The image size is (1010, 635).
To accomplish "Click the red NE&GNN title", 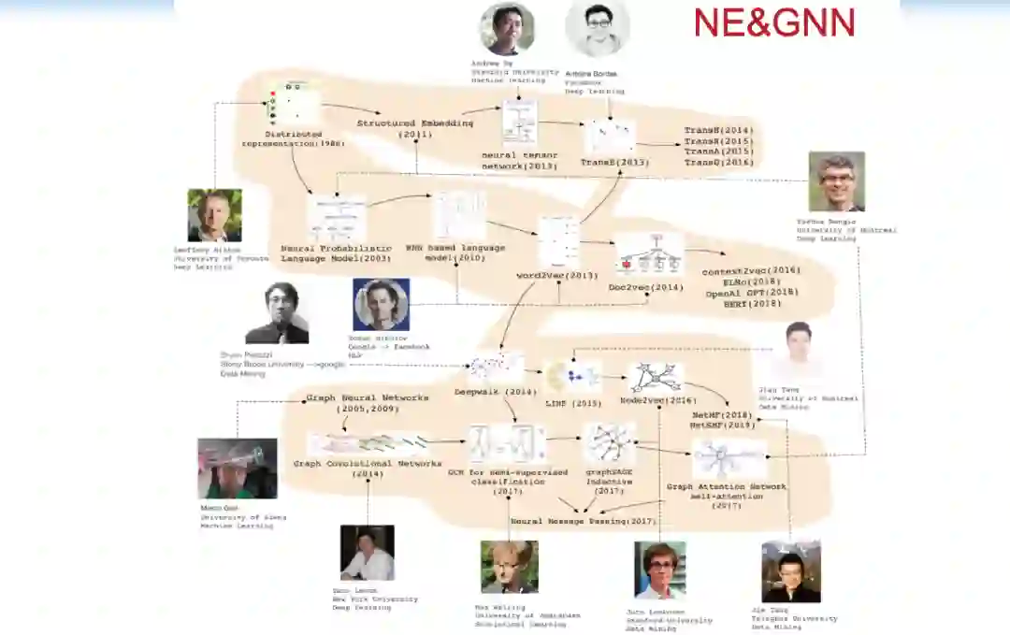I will [x=774, y=22].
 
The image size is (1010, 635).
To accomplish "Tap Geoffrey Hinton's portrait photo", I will [x=214, y=215].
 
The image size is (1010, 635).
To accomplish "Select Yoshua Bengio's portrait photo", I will [x=836, y=181].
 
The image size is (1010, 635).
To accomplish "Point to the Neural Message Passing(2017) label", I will [x=584, y=520].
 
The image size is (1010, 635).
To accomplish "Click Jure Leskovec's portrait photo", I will [x=659, y=570].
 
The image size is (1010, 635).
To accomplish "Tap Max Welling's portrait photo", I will [x=509, y=567].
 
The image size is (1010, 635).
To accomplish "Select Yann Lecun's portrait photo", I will [x=367, y=552].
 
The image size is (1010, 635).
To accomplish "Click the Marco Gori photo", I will [x=237, y=468].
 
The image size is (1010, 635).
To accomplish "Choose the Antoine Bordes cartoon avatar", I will [x=598, y=29].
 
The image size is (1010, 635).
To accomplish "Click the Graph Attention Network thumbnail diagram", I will [x=729, y=458].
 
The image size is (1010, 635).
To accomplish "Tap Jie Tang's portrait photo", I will [x=790, y=571].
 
